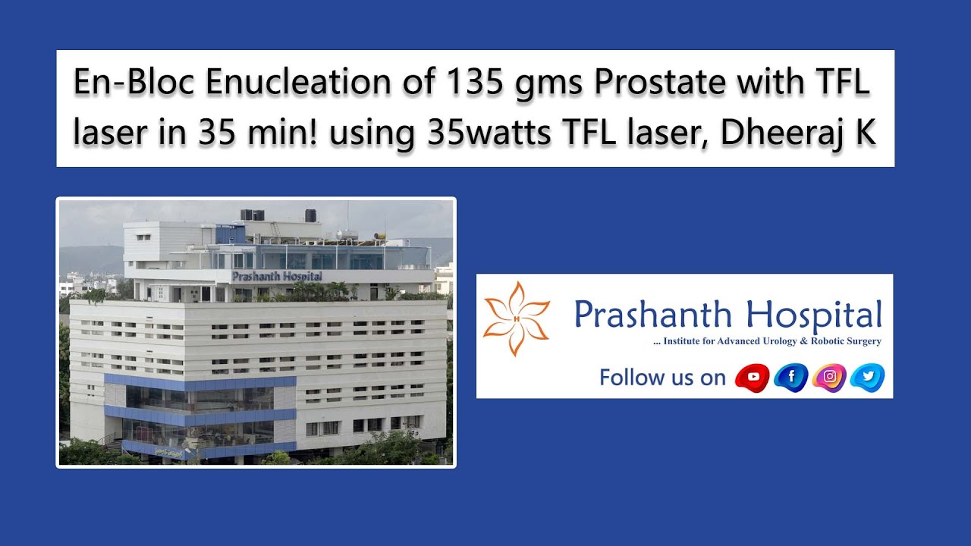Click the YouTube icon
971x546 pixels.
click(x=753, y=377)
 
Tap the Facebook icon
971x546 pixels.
click(x=790, y=377)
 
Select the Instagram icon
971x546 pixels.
click(x=829, y=377)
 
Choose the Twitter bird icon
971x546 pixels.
click(x=867, y=377)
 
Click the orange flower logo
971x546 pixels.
click(x=517, y=318)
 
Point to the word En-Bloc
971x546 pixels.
click(x=134, y=83)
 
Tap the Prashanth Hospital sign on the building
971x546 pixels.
click(x=276, y=276)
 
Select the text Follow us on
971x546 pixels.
click(x=662, y=377)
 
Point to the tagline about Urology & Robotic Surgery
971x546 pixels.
click(x=767, y=341)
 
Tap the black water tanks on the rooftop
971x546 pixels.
click(x=252, y=215)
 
